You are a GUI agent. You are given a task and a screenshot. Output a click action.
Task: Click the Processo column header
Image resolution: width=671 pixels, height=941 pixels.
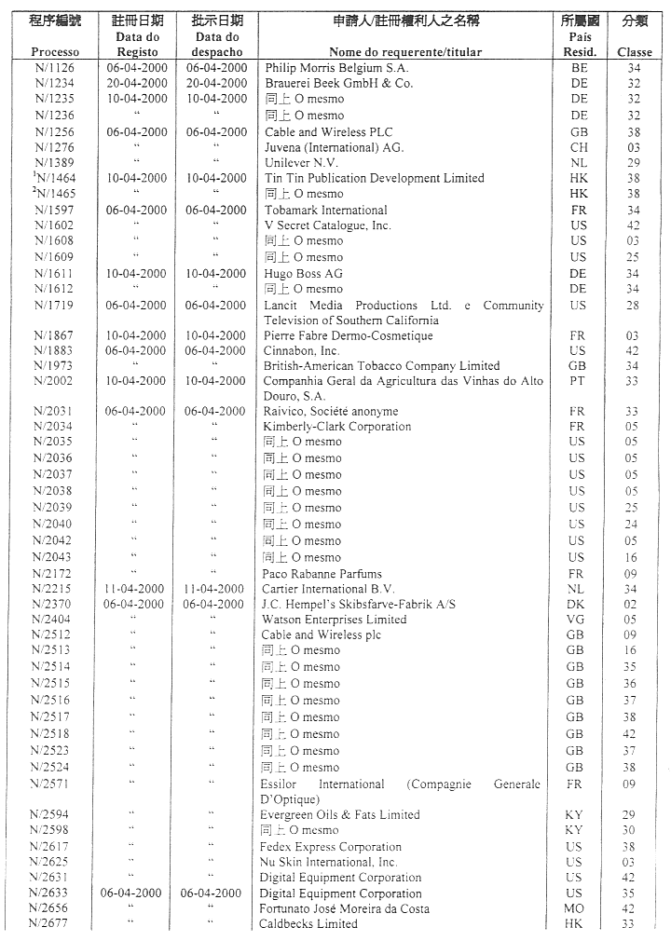point(55,52)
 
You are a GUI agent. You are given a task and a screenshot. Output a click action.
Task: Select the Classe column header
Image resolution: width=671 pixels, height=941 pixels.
point(635,52)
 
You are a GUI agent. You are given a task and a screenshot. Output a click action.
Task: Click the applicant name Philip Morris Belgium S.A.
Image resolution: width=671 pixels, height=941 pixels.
point(336,68)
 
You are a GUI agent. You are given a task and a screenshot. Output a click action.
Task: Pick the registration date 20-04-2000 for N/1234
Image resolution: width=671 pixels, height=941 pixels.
point(137,83)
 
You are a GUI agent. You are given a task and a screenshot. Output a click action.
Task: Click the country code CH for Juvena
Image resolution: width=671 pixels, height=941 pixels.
point(579,147)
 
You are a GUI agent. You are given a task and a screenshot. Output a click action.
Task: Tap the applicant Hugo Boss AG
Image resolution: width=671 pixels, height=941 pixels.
point(303,274)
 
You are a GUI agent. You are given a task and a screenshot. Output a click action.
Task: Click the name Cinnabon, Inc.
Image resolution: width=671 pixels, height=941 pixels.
point(302,351)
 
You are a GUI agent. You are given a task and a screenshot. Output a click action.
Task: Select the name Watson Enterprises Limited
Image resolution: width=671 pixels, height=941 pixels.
point(334,620)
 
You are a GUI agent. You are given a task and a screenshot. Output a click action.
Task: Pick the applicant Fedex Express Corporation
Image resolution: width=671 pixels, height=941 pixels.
point(331,847)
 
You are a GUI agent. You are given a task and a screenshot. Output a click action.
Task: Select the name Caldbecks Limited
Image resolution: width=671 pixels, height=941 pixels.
point(308,924)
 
